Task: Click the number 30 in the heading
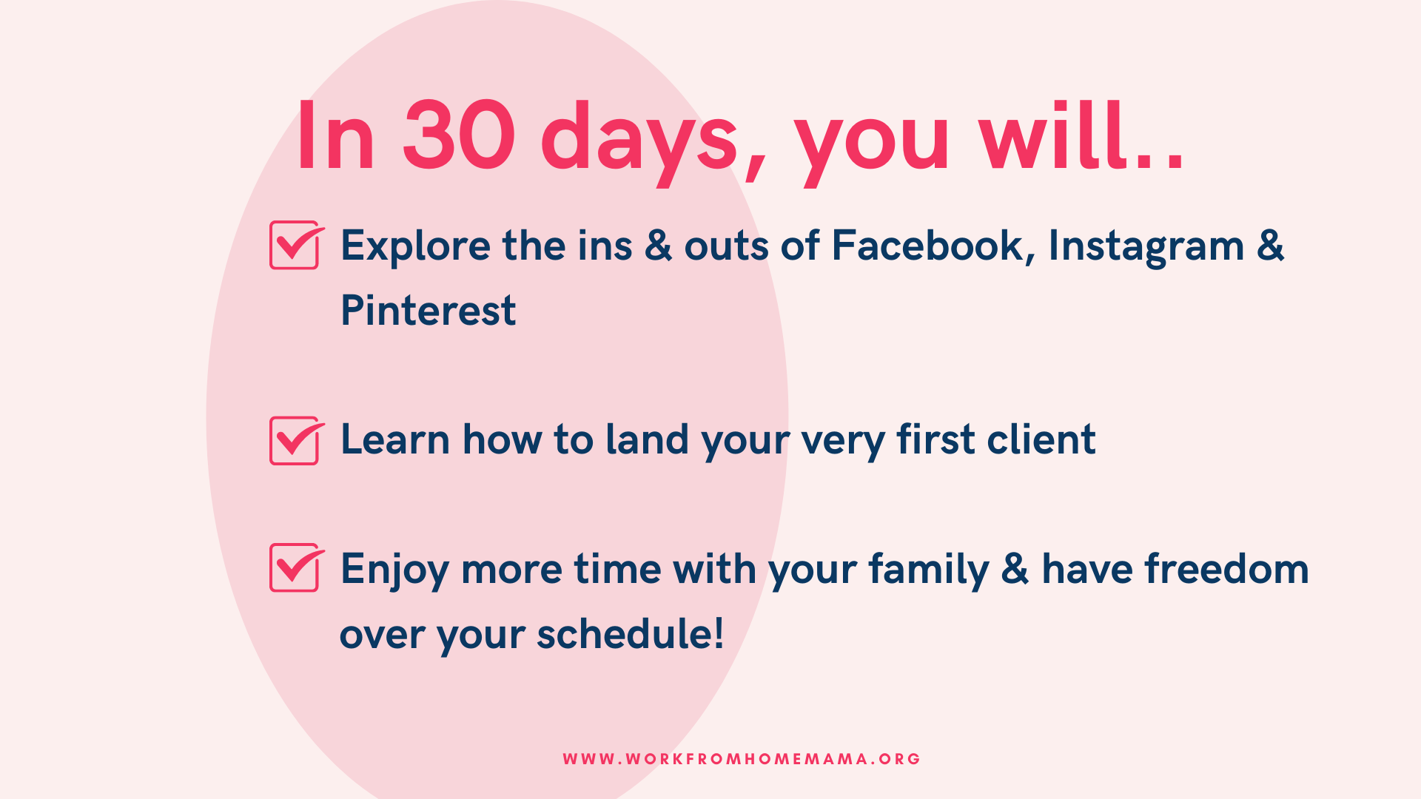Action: (x=459, y=136)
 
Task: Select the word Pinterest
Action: (x=428, y=310)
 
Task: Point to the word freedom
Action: (x=1226, y=569)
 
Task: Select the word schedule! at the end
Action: (x=631, y=633)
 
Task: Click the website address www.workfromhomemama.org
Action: (x=742, y=759)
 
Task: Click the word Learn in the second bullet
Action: (x=395, y=439)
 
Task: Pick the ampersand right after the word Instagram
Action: (x=1271, y=246)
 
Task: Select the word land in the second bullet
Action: (x=648, y=439)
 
